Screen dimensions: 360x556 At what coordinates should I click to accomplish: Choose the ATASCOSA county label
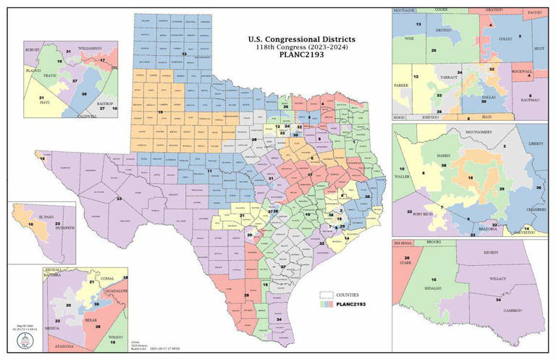coord(67,347)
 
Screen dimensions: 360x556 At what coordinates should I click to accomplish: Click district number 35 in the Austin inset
coord(84,94)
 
